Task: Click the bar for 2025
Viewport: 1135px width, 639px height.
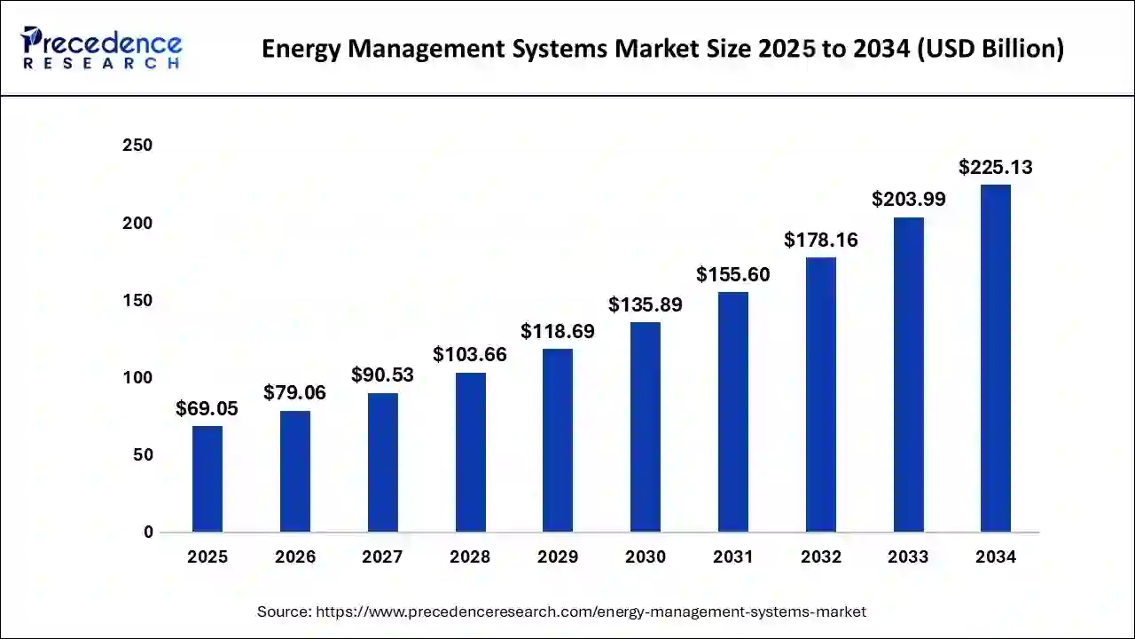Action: coord(207,479)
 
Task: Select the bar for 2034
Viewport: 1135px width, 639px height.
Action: coord(995,359)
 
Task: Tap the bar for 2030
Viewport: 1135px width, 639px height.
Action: coord(645,427)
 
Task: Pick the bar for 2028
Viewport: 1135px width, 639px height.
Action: coord(470,452)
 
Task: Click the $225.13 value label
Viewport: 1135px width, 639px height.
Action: coord(995,168)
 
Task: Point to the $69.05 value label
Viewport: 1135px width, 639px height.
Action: coord(207,409)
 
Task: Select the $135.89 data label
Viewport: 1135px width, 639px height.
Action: coord(645,305)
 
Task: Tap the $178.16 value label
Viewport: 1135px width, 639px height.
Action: coord(820,240)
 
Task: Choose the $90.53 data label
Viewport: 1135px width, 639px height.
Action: coord(382,375)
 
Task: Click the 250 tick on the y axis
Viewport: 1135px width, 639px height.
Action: coord(137,146)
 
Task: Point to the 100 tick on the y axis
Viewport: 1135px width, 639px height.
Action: coord(137,378)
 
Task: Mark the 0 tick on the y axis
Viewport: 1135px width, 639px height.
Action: coord(147,532)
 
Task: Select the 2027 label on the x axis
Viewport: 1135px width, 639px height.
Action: coord(382,557)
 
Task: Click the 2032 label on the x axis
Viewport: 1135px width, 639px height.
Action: coord(820,557)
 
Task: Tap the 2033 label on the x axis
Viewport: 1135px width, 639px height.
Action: coord(908,557)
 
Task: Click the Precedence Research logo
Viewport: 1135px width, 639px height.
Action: coord(102,48)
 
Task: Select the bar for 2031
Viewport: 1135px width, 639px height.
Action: coord(732,412)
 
